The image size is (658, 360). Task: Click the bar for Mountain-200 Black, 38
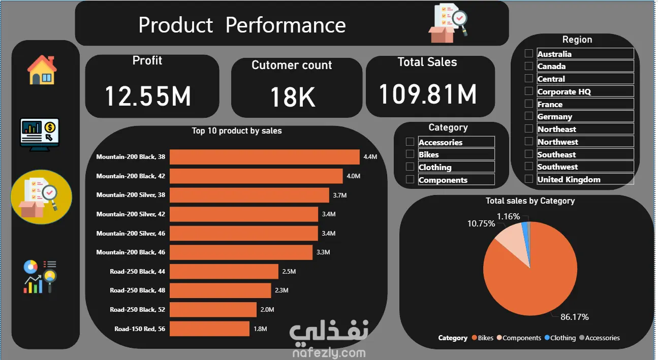point(264,157)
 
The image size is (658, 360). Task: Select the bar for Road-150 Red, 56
point(209,329)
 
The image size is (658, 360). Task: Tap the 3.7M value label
point(340,195)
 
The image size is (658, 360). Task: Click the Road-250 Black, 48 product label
point(137,290)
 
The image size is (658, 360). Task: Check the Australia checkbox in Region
point(529,53)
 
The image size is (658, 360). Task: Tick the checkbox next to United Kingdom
point(529,179)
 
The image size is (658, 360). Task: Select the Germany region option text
point(554,116)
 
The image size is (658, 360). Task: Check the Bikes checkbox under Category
point(410,154)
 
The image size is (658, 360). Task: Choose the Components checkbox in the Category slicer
point(410,179)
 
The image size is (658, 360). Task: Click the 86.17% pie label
point(574,317)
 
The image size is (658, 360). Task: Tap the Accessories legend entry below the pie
point(602,338)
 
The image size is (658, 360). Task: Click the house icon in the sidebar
point(42,70)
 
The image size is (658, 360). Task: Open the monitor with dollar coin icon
point(40,133)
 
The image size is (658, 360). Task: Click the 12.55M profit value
point(148,96)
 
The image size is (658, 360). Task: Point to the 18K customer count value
point(292,97)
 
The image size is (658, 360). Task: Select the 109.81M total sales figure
point(428,94)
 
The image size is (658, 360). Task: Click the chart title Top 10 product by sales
point(236,131)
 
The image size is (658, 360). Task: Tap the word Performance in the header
point(286,25)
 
